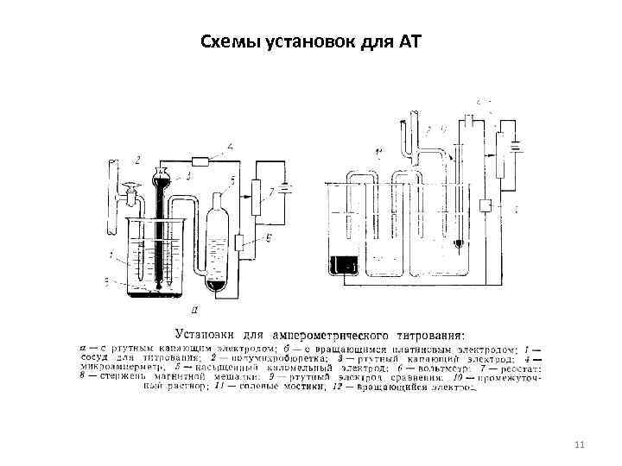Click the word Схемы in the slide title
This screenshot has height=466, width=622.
(x=226, y=41)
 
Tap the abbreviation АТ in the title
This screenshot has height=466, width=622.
(x=408, y=41)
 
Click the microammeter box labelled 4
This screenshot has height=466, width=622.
(x=202, y=161)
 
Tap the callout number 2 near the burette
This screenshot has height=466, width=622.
(x=136, y=160)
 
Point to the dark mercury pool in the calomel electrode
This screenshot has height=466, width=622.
(x=215, y=285)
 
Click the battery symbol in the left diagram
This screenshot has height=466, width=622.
(x=286, y=187)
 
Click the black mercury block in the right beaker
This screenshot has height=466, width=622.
(x=343, y=264)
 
